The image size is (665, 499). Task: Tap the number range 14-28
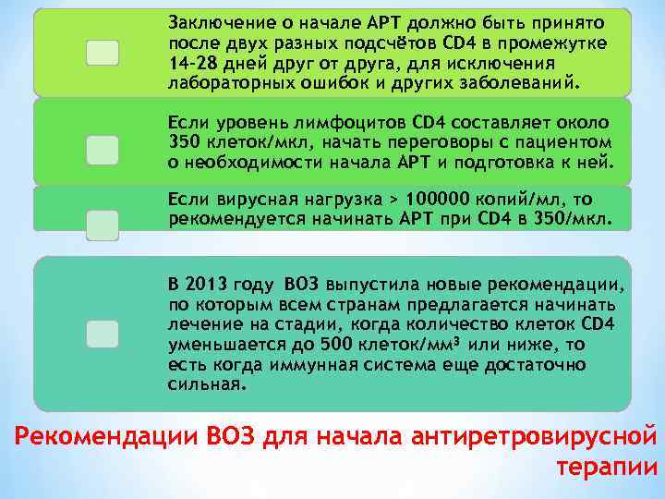coord(190,62)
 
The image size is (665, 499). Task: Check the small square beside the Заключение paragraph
coord(102,53)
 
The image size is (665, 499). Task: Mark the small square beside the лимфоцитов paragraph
coord(102,150)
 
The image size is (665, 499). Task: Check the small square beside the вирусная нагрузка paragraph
coord(102,224)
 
